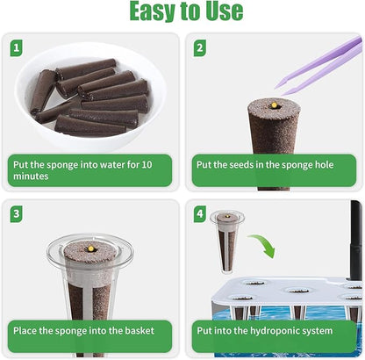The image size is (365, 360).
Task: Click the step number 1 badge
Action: pos(18,47)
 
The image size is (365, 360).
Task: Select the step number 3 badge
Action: pos(18,213)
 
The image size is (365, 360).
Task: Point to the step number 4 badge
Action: pos(200,213)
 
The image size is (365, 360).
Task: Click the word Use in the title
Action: pos(222,11)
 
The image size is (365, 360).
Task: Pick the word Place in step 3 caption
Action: pos(26,332)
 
